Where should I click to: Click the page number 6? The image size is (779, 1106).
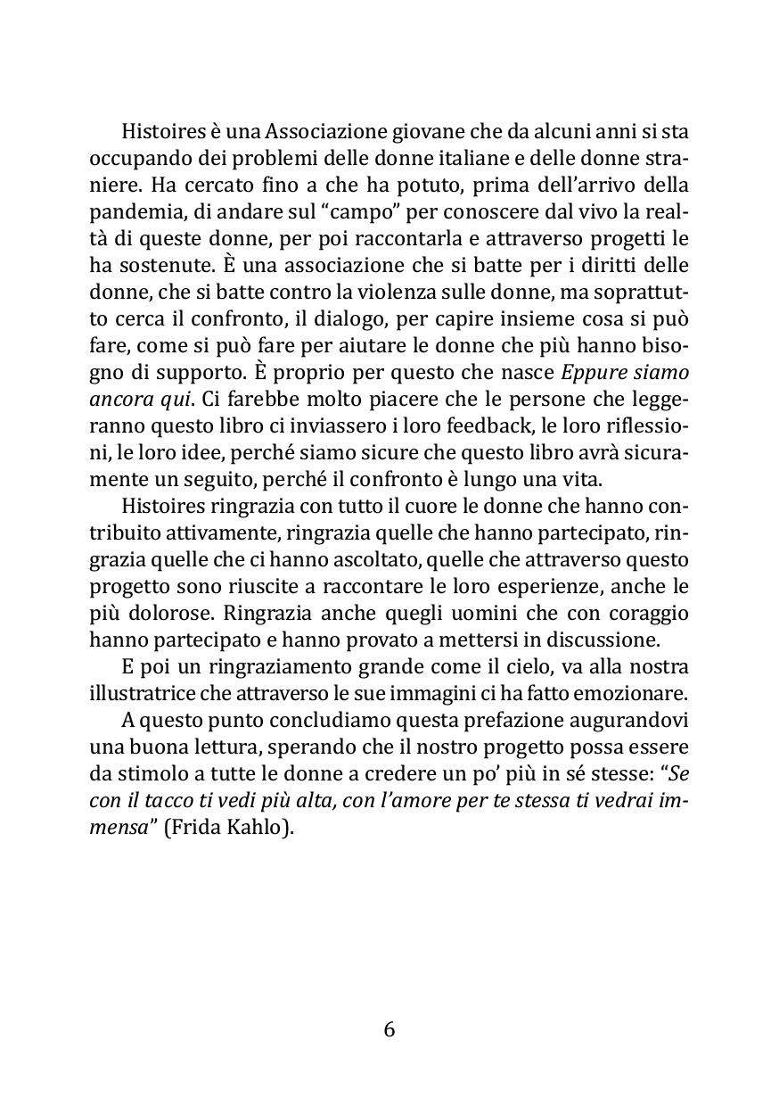(x=389, y=1029)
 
